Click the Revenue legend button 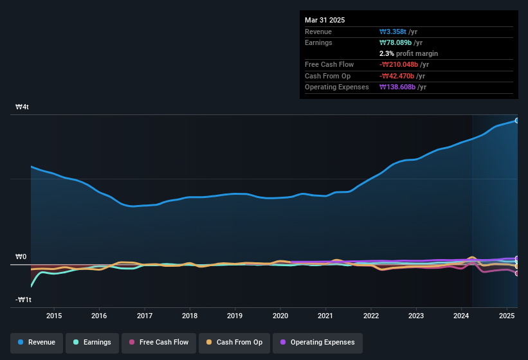click(x=37, y=342)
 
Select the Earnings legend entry click(x=92, y=342)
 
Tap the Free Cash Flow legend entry click(x=159, y=342)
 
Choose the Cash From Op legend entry click(x=235, y=342)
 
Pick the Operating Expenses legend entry click(x=317, y=342)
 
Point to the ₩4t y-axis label click(x=23, y=107)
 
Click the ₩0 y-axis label click(x=21, y=257)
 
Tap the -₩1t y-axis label click(x=23, y=300)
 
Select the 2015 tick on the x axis click(x=54, y=316)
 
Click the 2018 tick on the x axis click(x=190, y=316)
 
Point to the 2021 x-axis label click(x=325, y=316)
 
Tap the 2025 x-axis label click(x=507, y=316)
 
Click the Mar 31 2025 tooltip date click(x=325, y=20)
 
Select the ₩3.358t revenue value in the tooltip click(x=394, y=32)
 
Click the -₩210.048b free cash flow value click(x=401, y=64)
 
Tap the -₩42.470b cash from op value click(x=399, y=76)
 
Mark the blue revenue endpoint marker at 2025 click(x=517, y=120)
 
